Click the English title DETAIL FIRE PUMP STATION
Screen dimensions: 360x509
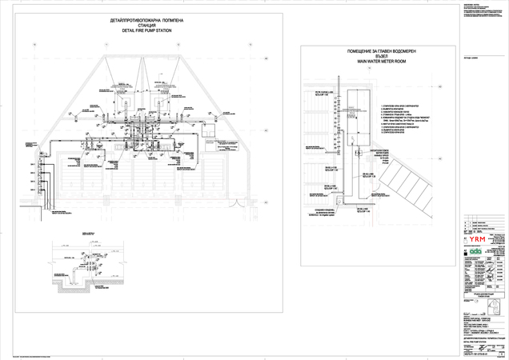(146, 30)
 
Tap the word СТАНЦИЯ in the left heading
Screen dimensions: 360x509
(146, 25)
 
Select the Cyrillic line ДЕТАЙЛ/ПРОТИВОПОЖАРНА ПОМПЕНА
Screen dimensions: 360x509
(146, 19)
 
